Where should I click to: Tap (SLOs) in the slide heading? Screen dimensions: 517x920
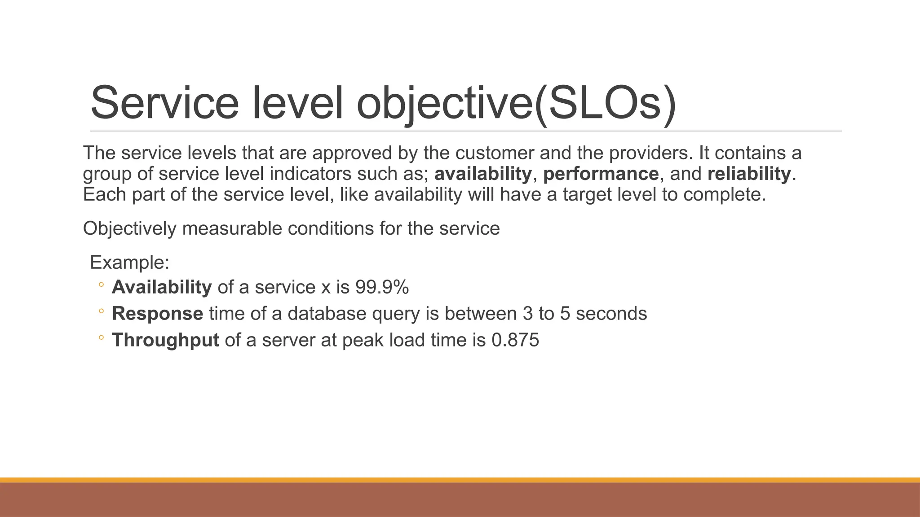coord(606,104)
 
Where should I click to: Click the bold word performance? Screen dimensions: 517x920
coord(601,174)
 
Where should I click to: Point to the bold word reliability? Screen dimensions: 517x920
coord(749,174)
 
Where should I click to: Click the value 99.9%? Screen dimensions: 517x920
coord(382,287)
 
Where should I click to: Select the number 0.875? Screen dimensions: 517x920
coord(515,340)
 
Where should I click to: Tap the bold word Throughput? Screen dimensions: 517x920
coord(165,340)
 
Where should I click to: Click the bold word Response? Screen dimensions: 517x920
coord(157,314)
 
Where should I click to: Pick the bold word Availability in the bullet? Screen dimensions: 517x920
coord(161,287)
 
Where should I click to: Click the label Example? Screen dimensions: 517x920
coord(129,262)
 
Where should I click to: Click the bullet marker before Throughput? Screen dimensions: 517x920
coord(101,337)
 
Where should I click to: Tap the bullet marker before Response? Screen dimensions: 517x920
coord(101,311)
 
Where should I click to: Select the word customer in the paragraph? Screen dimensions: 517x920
coord(495,153)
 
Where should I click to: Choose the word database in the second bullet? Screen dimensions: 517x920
coord(327,314)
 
